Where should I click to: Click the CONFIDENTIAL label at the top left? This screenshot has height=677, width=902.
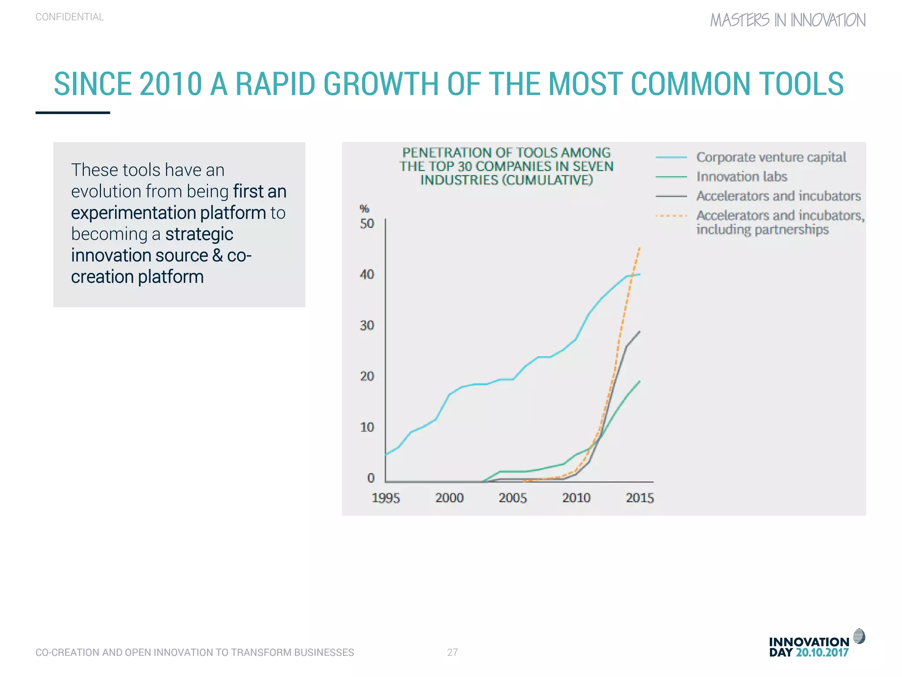click(x=70, y=17)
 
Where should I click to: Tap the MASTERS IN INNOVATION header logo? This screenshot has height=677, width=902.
click(x=787, y=20)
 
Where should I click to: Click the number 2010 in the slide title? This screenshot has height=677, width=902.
click(x=170, y=84)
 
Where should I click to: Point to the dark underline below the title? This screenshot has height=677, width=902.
click(x=73, y=113)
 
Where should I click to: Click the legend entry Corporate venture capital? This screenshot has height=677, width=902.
click(x=771, y=157)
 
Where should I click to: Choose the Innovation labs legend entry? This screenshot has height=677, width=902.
click(x=742, y=177)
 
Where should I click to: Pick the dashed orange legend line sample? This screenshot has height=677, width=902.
click(x=671, y=216)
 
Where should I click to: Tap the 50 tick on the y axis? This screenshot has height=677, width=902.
click(x=367, y=223)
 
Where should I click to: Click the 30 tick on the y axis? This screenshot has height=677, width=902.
click(x=367, y=325)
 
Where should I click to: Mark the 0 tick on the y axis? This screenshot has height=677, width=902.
click(x=371, y=478)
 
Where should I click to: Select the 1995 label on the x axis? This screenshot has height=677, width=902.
click(x=385, y=498)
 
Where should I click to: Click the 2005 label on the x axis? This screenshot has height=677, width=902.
click(x=513, y=498)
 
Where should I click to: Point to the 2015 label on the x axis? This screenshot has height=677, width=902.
click(x=640, y=498)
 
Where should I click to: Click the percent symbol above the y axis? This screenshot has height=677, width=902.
click(x=364, y=208)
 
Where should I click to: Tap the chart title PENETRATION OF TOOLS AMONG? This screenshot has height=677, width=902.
click(x=506, y=153)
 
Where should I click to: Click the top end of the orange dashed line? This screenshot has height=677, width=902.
click(x=639, y=249)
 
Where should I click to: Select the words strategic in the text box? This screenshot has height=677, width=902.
click(x=199, y=234)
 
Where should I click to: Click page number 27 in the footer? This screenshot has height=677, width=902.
click(x=452, y=652)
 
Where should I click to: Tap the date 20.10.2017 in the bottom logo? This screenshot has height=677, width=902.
click(x=822, y=653)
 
